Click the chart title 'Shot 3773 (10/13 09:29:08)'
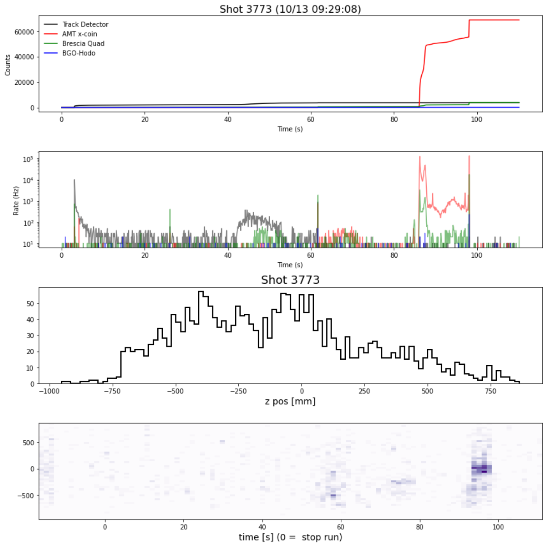pyautogui.click(x=290, y=9)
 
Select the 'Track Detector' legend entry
pyautogui.click(x=85, y=24)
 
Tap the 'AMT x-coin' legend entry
pyautogui.click(x=79, y=34)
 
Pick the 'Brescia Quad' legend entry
pyautogui.click(x=83, y=43)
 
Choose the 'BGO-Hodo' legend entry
pyautogui.click(x=78, y=53)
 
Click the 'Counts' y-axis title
pyautogui.click(x=8, y=65)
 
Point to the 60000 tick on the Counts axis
pyautogui.click(x=24, y=32)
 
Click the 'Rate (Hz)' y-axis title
pyautogui.click(x=16, y=201)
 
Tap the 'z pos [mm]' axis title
pyautogui.click(x=290, y=401)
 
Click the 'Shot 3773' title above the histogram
pyautogui.click(x=290, y=280)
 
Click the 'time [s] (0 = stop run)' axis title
pyautogui.click(x=290, y=537)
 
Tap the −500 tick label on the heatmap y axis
pyautogui.click(x=26, y=495)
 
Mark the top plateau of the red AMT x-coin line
pyautogui.click(x=493, y=20)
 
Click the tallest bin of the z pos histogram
pyautogui.click(x=201, y=292)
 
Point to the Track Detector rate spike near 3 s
pyautogui.click(x=75, y=180)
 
